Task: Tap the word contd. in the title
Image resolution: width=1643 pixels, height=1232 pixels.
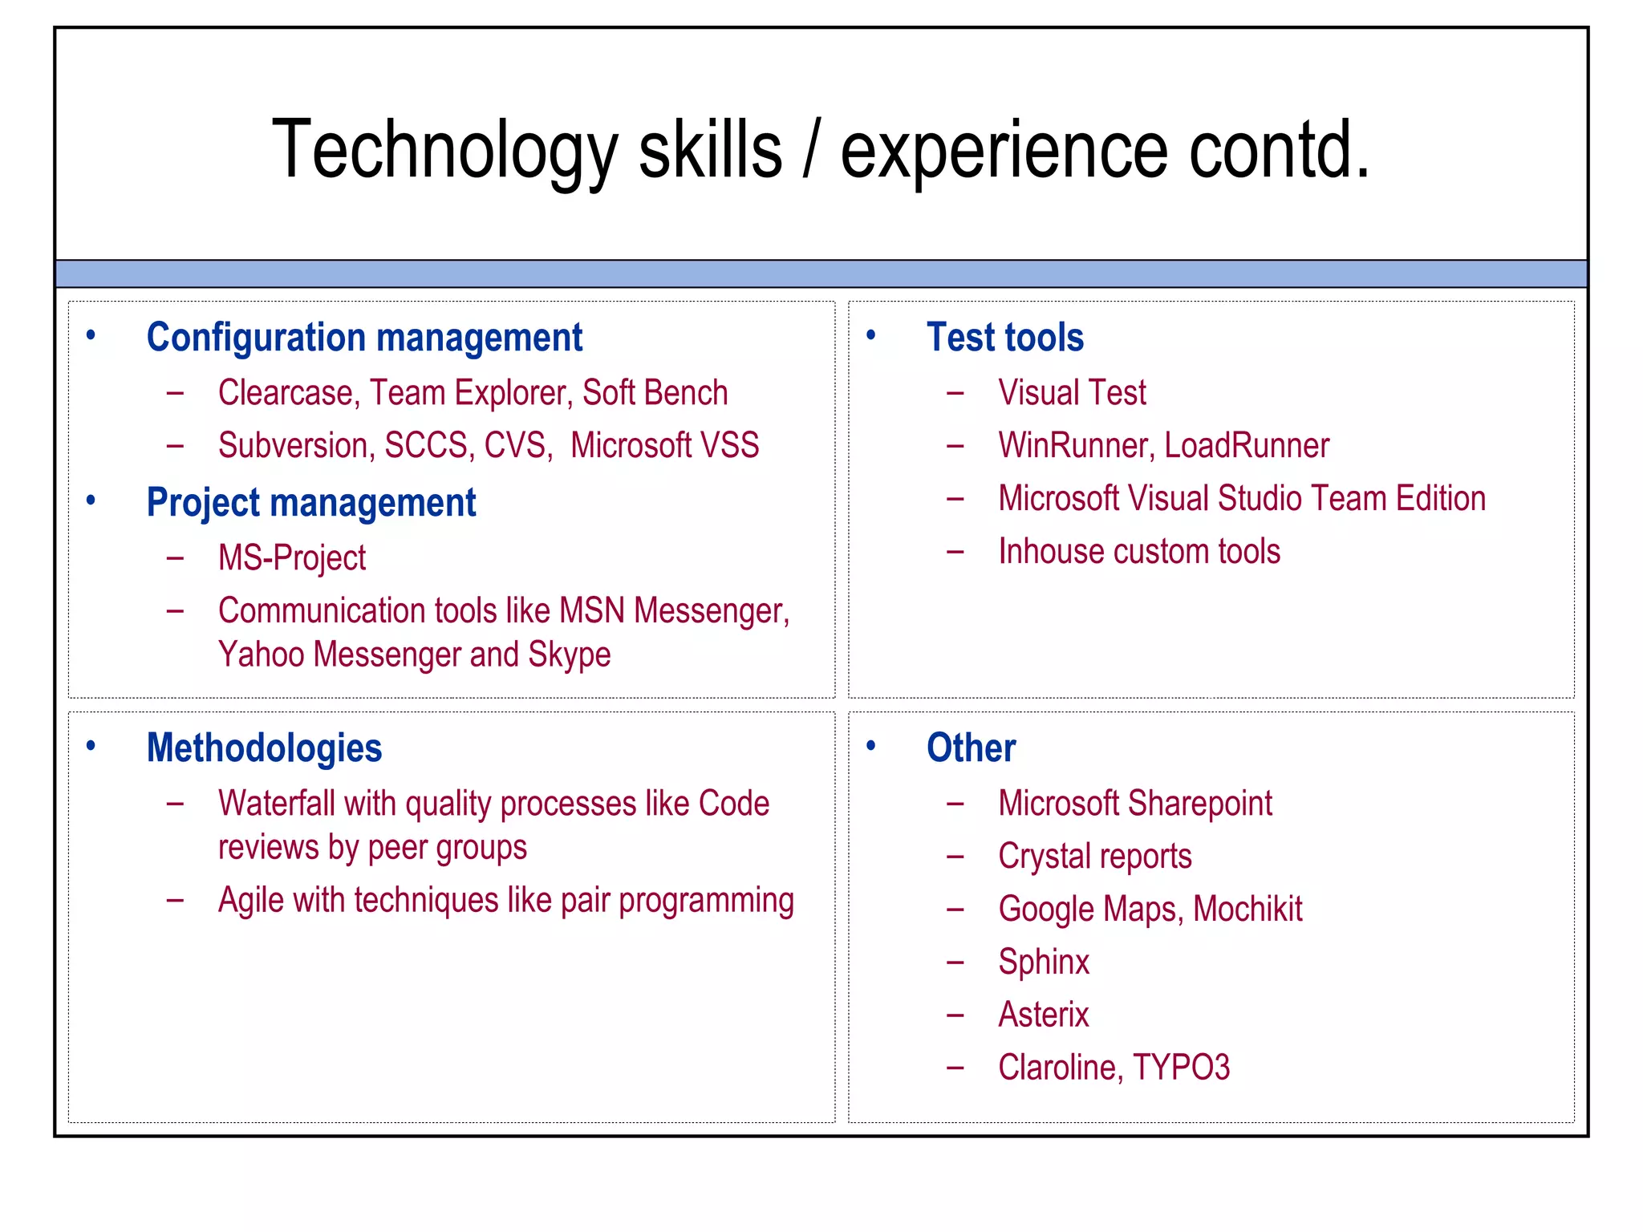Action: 1279,151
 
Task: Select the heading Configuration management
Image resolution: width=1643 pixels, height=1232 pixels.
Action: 364,337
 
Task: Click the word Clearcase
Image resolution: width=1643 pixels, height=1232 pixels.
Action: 285,393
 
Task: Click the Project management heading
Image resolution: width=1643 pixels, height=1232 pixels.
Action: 310,503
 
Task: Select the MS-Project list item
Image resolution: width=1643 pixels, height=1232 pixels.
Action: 291,558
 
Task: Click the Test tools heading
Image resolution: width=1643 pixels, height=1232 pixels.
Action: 1004,337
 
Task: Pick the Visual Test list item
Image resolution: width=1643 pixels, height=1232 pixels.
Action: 1072,393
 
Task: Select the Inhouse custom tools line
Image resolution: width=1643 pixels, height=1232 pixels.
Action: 1138,552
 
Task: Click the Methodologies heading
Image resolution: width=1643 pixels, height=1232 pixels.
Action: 264,748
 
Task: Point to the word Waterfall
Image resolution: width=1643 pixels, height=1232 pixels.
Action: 276,804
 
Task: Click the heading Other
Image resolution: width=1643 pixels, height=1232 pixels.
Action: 971,748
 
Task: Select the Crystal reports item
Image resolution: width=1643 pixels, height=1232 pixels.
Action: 1094,857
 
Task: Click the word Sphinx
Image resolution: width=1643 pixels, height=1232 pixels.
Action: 1044,962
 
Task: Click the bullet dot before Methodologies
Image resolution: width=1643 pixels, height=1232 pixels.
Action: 91,746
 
